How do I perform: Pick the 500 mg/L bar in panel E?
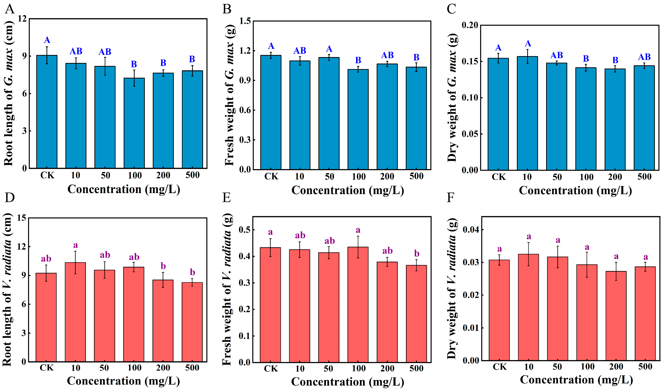click(x=416, y=314)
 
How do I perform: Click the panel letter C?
click(x=451, y=9)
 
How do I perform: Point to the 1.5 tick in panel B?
click(x=245, y=21)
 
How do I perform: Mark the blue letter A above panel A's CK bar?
click(x=47, y=40)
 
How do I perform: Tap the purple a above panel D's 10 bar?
click(x=76, y=245)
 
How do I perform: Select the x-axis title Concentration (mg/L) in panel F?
click(x=576, y=380)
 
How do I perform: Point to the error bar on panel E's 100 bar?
click(x=358, y=247)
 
